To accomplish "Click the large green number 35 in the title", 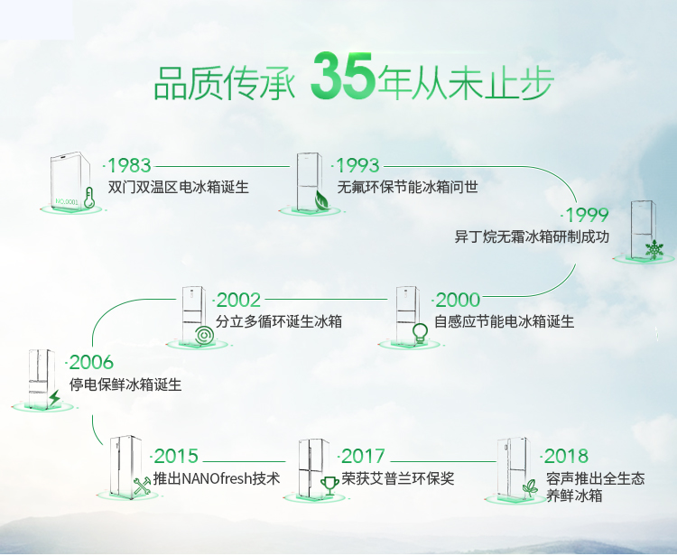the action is coord(342,77).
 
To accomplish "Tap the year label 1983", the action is coord(129,165).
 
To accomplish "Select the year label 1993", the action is coord(357,165).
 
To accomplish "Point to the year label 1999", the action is coord(587,215).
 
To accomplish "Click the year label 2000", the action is coord(458,300).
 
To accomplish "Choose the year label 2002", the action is coord(238,300).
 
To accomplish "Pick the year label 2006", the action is coord(91,362).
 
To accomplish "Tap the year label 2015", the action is coord(176,456).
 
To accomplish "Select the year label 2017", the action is coord(363,456).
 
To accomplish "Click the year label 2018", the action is coord(566,456).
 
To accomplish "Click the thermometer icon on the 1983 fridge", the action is coord(89,198).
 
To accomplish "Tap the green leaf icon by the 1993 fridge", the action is coord(320,199).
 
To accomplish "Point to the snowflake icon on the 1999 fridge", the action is coord(654,249).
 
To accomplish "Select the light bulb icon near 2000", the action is coord(420,333).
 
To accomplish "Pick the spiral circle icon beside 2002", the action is coord(204,336).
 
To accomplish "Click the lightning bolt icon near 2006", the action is coord(54,397).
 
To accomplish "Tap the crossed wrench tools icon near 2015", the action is coord(142,486).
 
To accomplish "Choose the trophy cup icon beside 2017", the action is coord(329,486).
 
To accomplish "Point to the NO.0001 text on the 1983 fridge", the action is coord(67,201).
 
